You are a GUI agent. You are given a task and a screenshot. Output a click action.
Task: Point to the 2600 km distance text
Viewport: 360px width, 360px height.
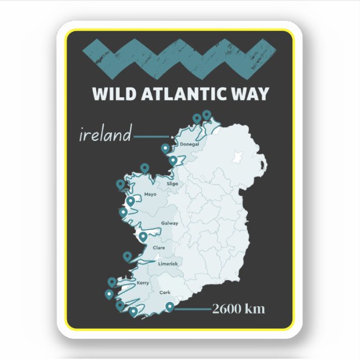pyautogui.click(x=238, y=309)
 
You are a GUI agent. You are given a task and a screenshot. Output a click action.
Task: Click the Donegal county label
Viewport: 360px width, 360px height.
pyautogui.click(x=190, y=145)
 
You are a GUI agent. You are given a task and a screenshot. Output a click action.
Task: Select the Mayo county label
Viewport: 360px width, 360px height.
pyautogui.click(x=150, y=195)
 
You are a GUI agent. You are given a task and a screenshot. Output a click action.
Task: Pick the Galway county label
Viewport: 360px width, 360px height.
pyautogui.click(x=169, y=223)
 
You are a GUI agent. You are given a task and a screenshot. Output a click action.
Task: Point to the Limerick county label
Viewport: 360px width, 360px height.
pyautogui.click(x=168, y=264)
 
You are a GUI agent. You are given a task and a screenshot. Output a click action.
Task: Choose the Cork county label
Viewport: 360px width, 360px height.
pyautogui.click(x=165, y=292)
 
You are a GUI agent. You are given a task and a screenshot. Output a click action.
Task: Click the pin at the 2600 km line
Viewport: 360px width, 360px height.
pyautogui.click(x=170, y=306)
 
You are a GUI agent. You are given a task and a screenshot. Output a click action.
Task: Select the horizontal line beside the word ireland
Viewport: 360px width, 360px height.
pyautogui.click(x=151, y=136)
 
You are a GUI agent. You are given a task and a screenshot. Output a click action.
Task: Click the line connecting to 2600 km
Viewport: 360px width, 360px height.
pyautogui.click(x=193, y=309)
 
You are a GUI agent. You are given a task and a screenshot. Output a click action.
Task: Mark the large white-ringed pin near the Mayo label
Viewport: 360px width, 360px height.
pyautogui.click(x=131, y=201)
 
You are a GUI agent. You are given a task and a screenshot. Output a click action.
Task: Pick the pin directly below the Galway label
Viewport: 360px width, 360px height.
pyautogui.click(x=143, y=236)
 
